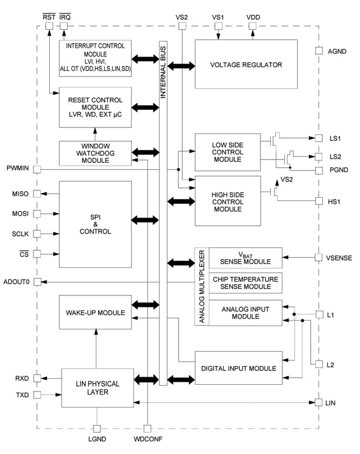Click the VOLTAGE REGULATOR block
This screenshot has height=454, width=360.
point(246,64)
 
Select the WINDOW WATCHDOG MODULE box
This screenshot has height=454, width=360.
point(95,153)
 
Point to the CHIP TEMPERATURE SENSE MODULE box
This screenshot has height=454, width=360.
point(245,282)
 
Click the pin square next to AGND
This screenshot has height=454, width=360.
point(318,51)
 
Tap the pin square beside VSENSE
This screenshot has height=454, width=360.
point(318,257)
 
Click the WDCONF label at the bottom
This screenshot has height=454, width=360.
point(147,439)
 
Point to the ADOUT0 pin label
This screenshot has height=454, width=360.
point(17,282)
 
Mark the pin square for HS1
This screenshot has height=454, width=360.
point(318,200)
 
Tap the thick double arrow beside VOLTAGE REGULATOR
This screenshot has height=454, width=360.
point(181,65)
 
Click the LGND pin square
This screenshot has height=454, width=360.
point(97,429)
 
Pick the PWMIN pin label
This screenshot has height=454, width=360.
point(18,168)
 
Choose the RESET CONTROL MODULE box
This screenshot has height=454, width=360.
point(95,105)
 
